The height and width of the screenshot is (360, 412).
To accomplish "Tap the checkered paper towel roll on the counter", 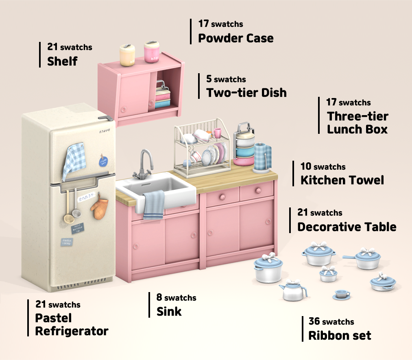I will [262, 157].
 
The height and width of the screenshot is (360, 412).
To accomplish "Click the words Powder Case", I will [235, 38].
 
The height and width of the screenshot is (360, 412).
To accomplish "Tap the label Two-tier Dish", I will [246, 92].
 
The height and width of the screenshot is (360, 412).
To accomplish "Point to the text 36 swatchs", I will [331, 322].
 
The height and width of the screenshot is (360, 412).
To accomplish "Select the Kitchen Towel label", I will [342, 180].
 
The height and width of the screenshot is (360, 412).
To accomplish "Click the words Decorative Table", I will [347, 227].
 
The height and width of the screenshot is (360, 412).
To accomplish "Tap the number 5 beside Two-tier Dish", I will [209, 79].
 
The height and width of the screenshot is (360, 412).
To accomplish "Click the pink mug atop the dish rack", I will [218, 133].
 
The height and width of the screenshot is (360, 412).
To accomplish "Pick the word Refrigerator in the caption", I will [72, 331].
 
